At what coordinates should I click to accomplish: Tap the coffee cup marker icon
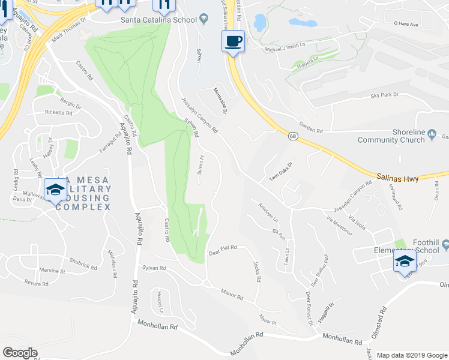click(234, 41)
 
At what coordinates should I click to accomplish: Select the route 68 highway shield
click(292, 137)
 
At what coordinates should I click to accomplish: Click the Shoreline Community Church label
click(391, 136)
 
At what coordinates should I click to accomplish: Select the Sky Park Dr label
click(384, 95)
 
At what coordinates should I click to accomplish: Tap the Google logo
click(20, 353)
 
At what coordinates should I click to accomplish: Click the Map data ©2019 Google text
click(412, 355)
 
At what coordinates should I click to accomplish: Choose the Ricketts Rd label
click(59, 113)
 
